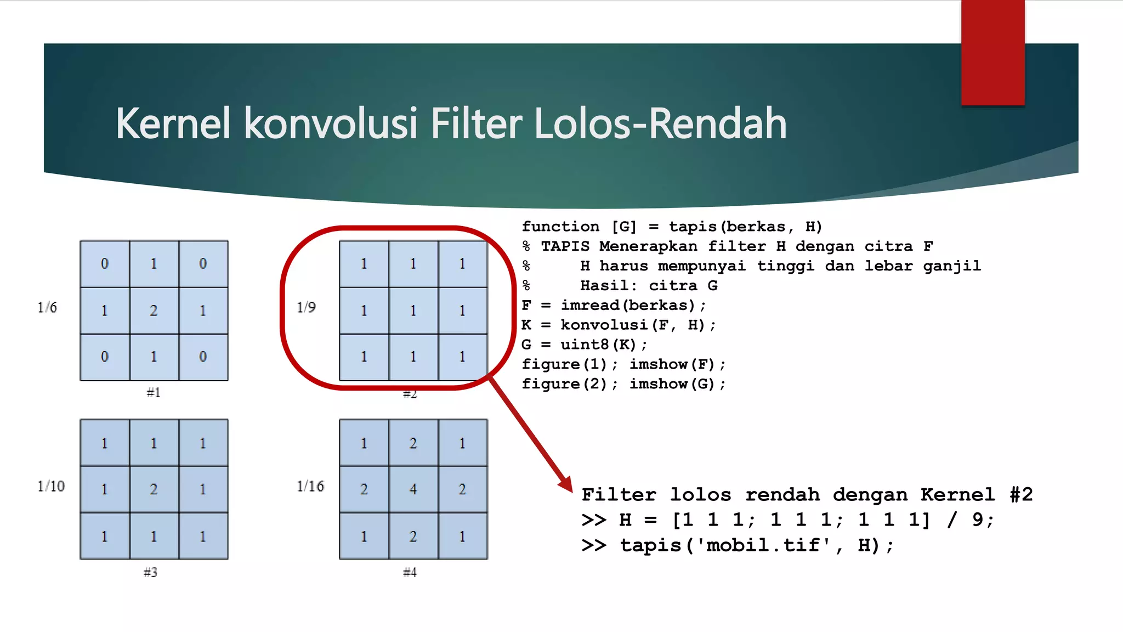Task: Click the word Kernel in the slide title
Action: tap(173, 124)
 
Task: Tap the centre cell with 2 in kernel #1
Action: tap(154, 311)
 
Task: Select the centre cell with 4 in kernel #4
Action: tap(413, 489)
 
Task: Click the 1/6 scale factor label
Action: tap(47, 307)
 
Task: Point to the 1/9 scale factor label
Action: tap(307, 307)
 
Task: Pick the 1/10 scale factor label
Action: tap(51, 486)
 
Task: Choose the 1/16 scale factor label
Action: tap(310, 486)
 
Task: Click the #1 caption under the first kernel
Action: tap(154, 392)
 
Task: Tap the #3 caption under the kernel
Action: tap(150, 572)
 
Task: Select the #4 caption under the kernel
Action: tap(410, 572)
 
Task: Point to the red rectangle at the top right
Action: tap(992, 52)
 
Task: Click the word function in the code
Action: tap(560, 227)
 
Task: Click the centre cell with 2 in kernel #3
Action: tap(154, 489)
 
